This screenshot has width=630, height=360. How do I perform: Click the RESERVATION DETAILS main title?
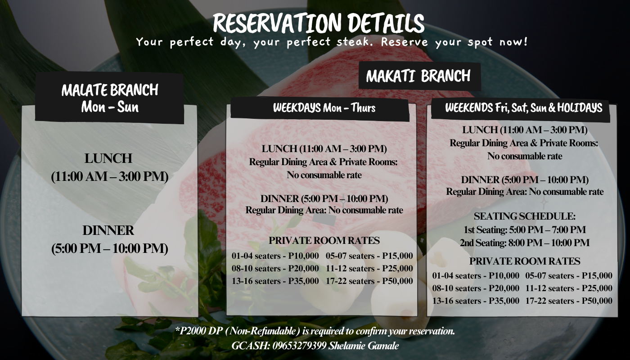pos(319,23)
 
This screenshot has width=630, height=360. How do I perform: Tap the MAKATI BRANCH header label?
pos(418,76)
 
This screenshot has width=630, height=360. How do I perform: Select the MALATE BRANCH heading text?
pos(110,90)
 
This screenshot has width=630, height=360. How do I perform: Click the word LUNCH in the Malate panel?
pos(108,158)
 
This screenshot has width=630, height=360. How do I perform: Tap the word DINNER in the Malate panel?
pos(108,230)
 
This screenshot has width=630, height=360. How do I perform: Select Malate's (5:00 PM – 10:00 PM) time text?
pos(110,248)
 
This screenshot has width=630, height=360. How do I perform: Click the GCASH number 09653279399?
pos(300,346)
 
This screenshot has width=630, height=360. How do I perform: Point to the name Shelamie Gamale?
pos(364,346)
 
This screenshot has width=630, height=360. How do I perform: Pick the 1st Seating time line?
pos(525,230)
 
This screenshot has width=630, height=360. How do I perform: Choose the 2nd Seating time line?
pos(525,243)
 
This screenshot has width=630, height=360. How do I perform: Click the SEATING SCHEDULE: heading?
pos(525,216)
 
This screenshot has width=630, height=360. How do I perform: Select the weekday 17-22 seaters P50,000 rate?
pos(369,281)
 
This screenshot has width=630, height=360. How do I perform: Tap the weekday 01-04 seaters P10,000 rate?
pos(275,256)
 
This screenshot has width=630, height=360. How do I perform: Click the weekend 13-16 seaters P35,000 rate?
pos(476,301)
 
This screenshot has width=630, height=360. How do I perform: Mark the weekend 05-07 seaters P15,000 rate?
pos(569,275)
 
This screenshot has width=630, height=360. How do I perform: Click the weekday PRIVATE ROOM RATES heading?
pos(324,240)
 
